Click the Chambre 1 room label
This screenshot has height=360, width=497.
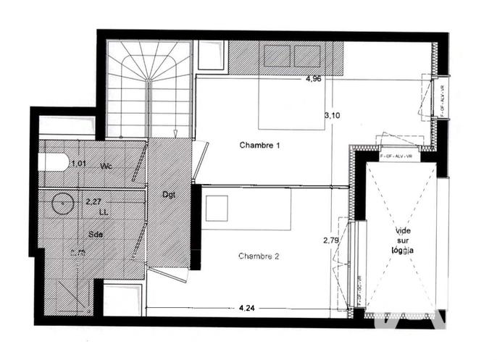point(259,146)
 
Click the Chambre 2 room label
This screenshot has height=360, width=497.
point(259,256)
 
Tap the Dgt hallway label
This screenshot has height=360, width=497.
point(170,193)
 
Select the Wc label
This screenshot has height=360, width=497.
point(106,166)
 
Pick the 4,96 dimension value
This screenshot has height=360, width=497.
point(314,79)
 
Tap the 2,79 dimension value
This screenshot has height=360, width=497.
point(331,240)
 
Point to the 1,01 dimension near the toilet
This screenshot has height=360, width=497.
point(78,164)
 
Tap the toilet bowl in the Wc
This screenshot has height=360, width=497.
point(54,161)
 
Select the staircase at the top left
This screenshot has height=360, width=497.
point(149,88)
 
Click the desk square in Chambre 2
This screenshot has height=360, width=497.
point(216,209)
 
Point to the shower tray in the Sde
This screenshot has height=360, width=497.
point(69,294)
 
